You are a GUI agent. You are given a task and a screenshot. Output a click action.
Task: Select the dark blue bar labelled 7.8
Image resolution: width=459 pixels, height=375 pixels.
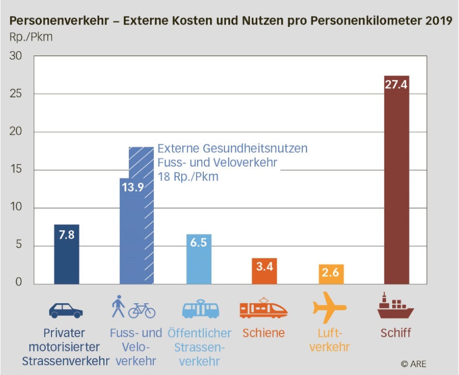[x=67, y=257]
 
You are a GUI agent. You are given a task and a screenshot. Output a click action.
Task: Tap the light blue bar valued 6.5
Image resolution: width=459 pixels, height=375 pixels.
[x=199, y=262]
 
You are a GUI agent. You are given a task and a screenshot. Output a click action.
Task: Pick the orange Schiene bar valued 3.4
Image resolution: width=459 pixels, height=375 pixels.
[x=265, y=274]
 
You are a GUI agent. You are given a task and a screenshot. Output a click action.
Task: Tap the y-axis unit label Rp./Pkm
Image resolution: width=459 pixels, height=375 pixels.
[x=31, y=38]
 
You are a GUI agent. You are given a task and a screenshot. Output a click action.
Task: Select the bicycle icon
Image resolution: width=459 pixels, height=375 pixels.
[x=142, y=310]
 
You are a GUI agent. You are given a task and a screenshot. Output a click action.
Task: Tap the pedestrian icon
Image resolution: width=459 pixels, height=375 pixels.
[x=118, y=307]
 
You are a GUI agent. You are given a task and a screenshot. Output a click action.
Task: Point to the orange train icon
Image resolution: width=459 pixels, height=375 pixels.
[x=263, y=309]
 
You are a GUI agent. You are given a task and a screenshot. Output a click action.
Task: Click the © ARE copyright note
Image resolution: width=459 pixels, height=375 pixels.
[x=413, y=364]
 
